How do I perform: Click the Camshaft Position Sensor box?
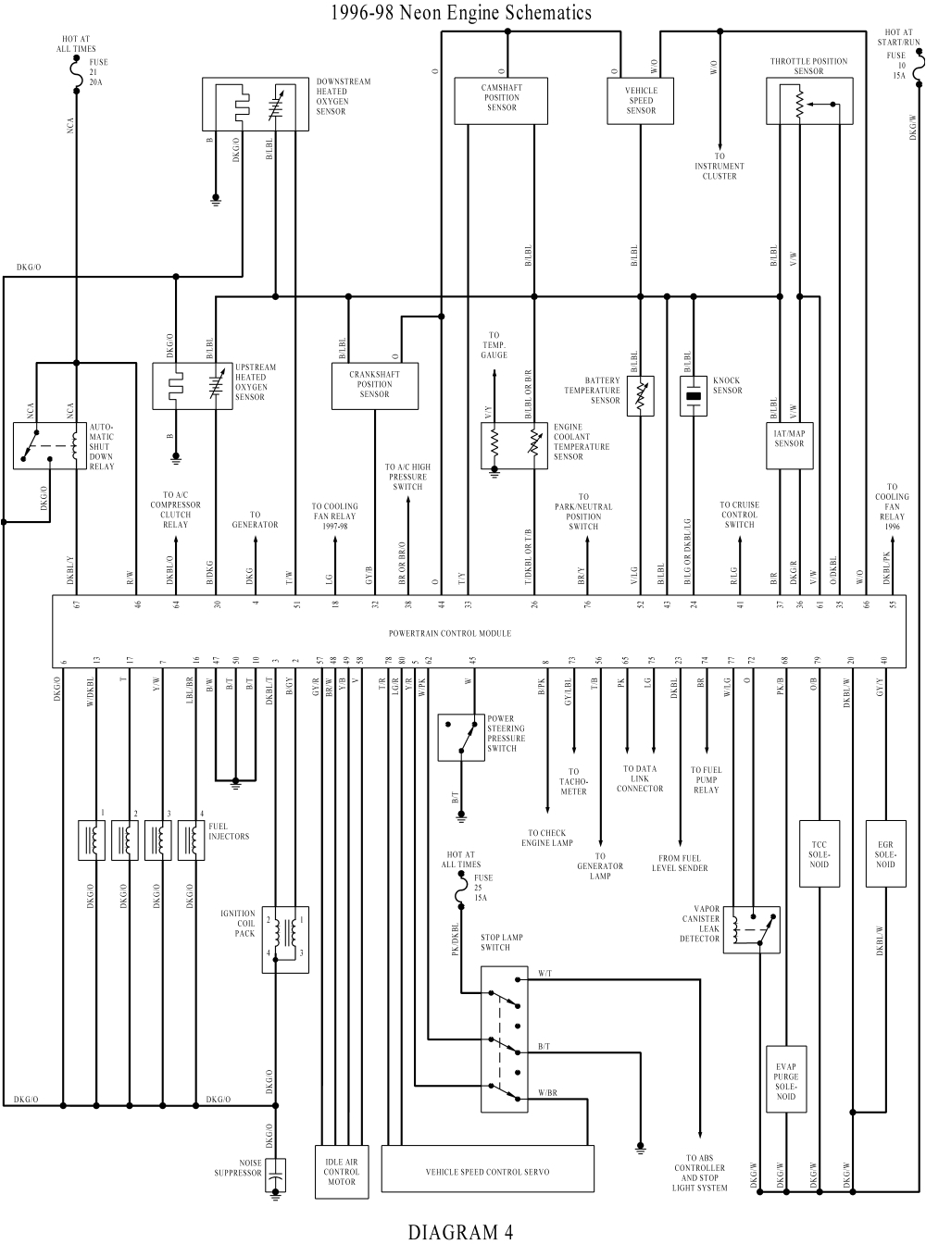tap(500, 100)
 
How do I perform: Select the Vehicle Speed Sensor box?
tap(640, 100)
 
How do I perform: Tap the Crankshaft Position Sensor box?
tap(375, 385)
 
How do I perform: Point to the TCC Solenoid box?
tap(820, 853)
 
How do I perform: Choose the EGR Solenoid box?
tap(885, 853)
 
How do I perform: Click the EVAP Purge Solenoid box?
tap(785, 1078)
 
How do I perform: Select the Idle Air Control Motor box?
tap(341, 1171)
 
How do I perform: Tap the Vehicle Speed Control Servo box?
tap(487, 1171)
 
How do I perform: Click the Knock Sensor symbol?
tap(694, 397)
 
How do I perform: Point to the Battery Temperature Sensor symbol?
tap(640, 396)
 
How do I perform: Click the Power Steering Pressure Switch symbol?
tap(461, 737)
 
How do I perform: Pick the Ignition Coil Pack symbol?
tap(284, 939)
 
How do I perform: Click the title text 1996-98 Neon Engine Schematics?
tap(460, 13)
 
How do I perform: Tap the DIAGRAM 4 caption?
tap(460, 1231)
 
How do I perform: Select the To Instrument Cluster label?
tap(720, 167)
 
